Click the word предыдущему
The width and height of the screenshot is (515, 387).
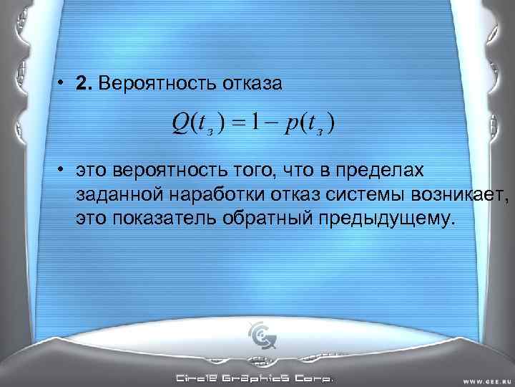[389, 217]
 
